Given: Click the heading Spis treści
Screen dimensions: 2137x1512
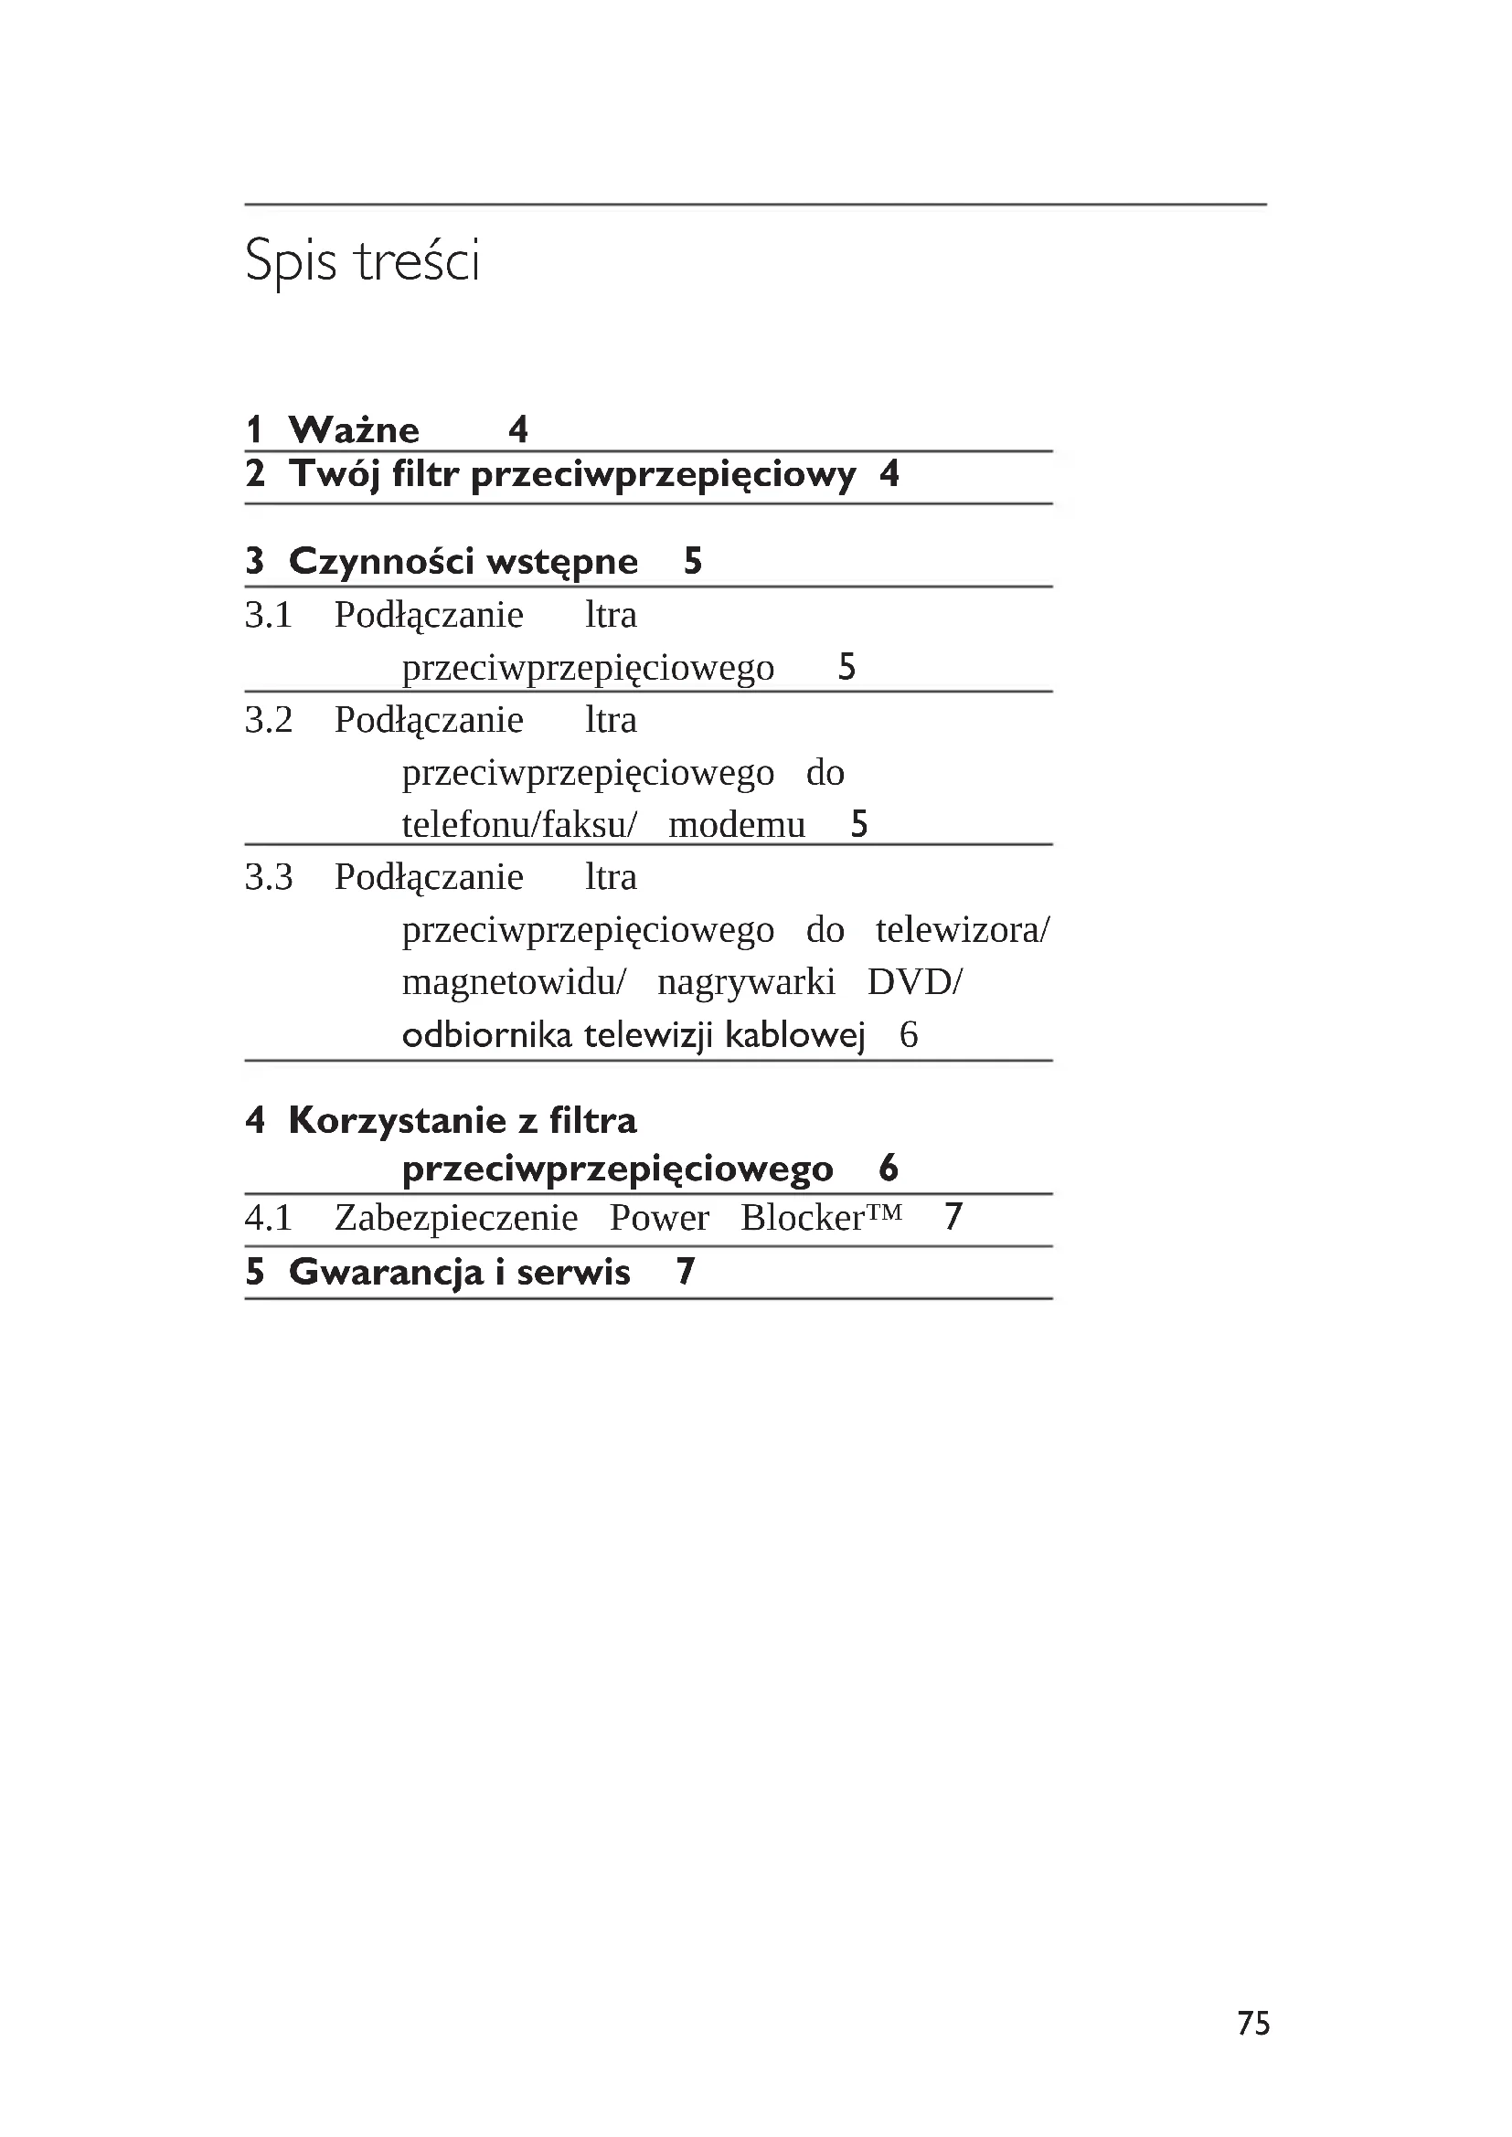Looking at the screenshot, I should (x=362, y=260).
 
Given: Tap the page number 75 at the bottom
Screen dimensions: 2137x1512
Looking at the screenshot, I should (x=1253, y=2023).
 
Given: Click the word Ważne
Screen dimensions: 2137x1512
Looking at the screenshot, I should (x=354, y=430).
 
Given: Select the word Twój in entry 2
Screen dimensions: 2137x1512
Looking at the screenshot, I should (x=335, y=475).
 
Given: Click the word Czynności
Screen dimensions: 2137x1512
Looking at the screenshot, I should (x=382, y=561).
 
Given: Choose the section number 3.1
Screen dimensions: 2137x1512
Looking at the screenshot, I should (x=268, y=615).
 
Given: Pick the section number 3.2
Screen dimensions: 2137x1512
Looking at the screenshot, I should (x=268, y=720).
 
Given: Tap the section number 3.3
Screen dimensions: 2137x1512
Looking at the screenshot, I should (x=268, y=878).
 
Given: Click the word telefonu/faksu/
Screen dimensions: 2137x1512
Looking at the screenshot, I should (x=519, y=826).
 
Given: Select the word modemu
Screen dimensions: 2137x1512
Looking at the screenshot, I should (x=737, y=826).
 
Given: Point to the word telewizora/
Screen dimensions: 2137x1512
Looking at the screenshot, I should (x=963, y=930).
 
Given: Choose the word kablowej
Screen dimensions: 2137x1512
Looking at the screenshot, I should (x=795, y=1035).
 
